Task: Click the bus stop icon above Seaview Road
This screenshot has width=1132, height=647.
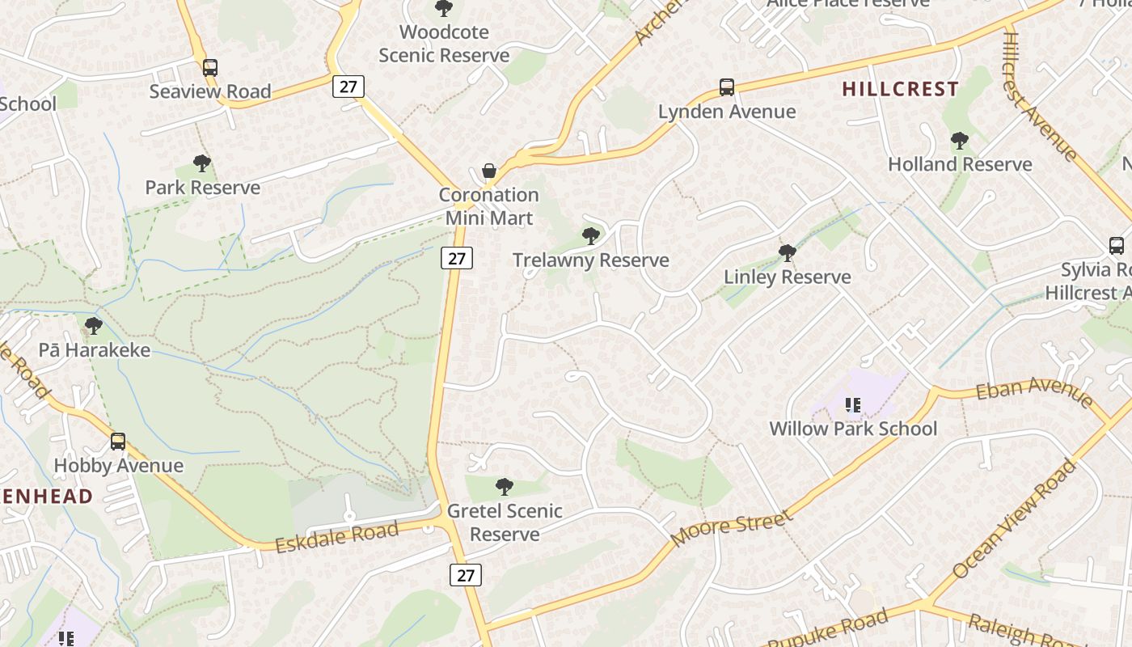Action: click(x=210, y=68)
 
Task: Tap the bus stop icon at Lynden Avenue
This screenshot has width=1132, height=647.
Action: click(x=727, y=87)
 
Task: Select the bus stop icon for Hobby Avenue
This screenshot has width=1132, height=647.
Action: click(x=118, y=442)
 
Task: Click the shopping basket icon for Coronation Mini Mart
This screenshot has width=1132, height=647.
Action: click(x=489, y=171)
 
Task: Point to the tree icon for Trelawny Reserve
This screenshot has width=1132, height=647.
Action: click(x=591, y=236)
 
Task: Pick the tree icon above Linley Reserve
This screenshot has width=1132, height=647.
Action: click(x=788, y=253)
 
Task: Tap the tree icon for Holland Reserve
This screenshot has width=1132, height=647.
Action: click(x=960, y=141)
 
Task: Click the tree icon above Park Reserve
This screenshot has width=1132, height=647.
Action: click(x=202, y=164)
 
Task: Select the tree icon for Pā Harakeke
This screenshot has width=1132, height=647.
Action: click(x=94, y=326)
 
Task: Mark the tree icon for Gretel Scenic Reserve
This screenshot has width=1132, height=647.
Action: click(x=505, y=487)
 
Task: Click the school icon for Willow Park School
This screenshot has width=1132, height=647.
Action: click(x=853, y=404)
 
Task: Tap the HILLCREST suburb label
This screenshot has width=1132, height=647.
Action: click(x=900, y=89)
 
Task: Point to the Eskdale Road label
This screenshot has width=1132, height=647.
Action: click(x=337, y=537)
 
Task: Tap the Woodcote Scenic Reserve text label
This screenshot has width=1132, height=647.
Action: click(x=444, y=44)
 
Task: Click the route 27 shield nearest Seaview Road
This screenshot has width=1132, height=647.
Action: click(x=348, y=87)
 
